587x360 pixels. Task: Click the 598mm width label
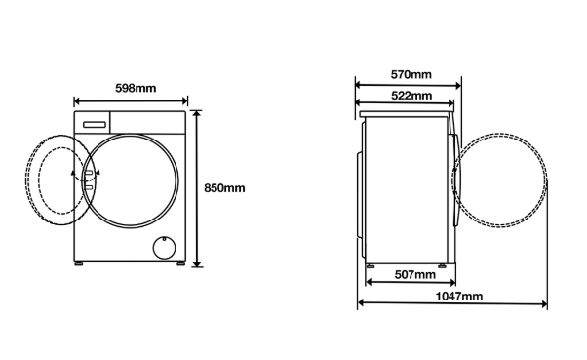(136, 88)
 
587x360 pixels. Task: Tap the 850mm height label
(224, 188)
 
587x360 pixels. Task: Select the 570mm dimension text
(411, 74)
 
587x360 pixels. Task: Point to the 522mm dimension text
(411, 96)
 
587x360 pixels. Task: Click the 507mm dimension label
(415, 274)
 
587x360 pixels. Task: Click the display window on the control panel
(95, 124)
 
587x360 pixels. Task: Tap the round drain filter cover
(164, 248)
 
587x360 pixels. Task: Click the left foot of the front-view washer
(79, 263)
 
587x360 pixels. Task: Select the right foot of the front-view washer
(180, 263)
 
